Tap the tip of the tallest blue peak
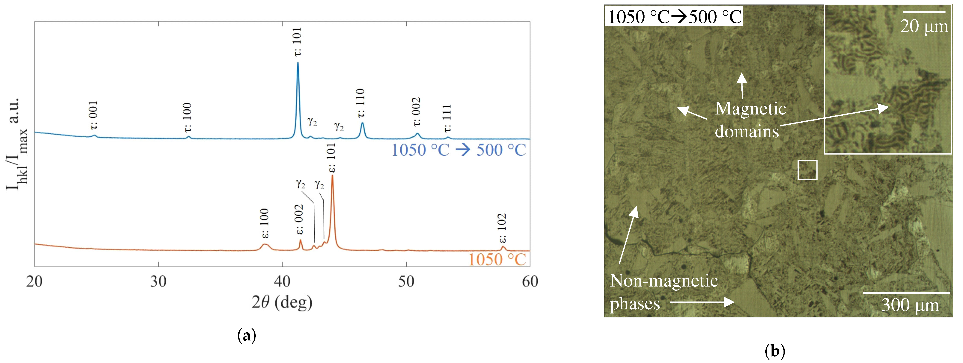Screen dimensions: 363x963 click(x=298, y=63)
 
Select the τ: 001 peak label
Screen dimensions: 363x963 click(x=93, y=115)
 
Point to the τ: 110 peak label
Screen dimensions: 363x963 click(x=360, y=103)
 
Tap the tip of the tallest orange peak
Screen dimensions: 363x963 click(x=332, y=176)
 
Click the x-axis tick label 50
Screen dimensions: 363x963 click(x=406, y=281)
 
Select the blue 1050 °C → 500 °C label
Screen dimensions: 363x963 click(x=459, y=150)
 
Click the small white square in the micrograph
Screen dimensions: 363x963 click(x=807, y=170)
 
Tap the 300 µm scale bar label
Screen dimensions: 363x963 click(x=910, y=305)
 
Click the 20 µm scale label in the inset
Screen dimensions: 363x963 click(x=924, y=26)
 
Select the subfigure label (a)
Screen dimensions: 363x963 click(x=247, y=335)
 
